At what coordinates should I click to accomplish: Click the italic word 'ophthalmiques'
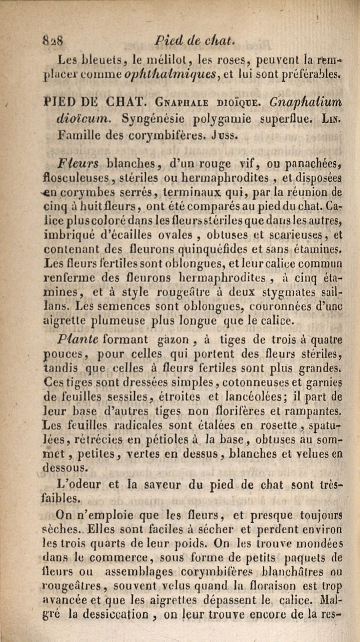tap(174, 70)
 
